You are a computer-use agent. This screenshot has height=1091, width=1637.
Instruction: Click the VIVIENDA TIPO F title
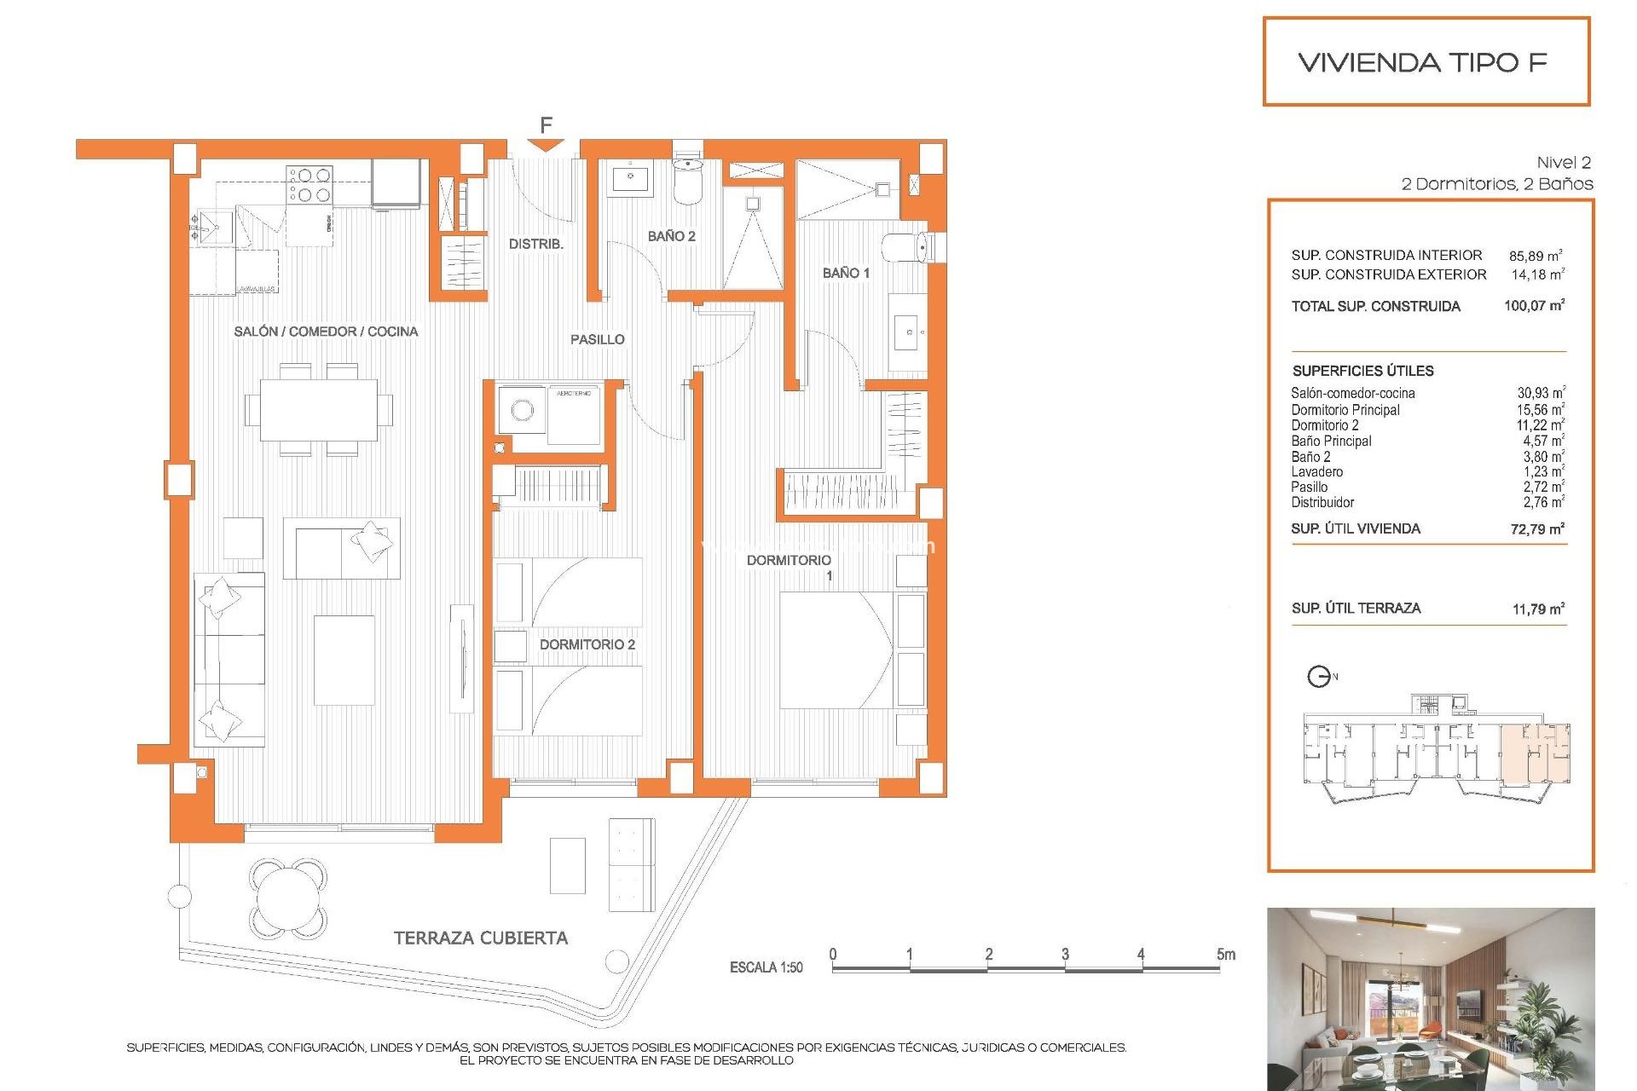tap(1422, 62)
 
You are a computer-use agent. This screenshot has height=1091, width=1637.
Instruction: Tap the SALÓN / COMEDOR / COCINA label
tap(326, 332)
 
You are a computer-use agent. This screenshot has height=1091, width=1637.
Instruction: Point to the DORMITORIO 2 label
tap(587, 644)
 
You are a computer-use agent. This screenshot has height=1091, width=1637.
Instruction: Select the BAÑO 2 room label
tap(671, 236)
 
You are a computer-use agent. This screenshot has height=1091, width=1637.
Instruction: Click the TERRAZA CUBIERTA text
tap(480, 938)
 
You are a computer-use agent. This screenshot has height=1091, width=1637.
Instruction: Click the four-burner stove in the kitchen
tap(309, 185)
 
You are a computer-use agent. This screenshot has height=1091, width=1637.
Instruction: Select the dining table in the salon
tap(319, 410)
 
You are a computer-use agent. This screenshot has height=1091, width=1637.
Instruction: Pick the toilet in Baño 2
tap(687, 180)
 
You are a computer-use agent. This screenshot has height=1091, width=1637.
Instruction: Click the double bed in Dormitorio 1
tap(836, 650)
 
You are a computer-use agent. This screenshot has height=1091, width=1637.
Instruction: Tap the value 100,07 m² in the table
tap(1534, 305)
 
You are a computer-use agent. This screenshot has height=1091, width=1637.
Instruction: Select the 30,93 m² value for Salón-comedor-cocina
tap(1540, 393)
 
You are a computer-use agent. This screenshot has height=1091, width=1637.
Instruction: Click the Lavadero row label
tap(1316, 471)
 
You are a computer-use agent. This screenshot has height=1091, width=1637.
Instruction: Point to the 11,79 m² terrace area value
tap(1537, 609)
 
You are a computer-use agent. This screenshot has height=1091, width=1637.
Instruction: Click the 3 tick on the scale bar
tap(1065, 955)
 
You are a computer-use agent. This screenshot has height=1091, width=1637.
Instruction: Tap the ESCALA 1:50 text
tap(766, 967)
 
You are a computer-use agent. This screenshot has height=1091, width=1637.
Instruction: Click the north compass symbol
tap(1320, 677)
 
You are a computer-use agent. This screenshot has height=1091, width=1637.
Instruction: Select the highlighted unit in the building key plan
tap(1535, 754)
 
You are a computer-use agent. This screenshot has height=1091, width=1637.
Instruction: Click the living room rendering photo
tap(1430, 998)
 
